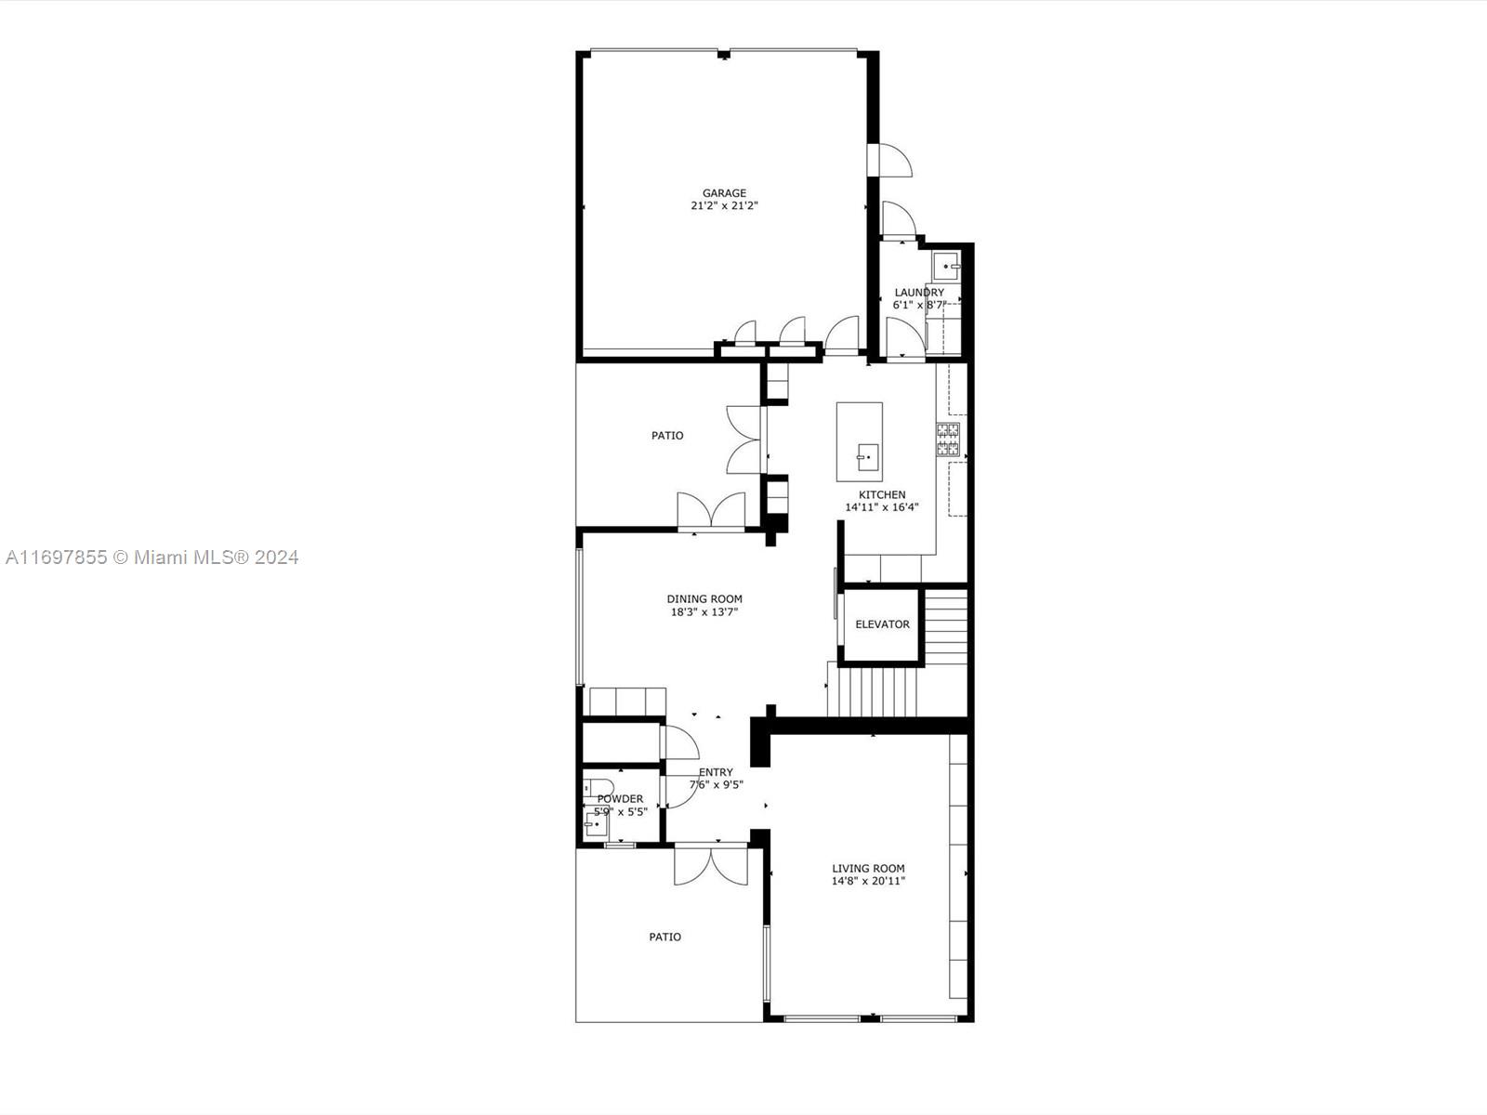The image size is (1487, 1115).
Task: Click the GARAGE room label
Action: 724,193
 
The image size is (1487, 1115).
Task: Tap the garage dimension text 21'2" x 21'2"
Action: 724,205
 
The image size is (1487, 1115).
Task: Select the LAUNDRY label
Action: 919,293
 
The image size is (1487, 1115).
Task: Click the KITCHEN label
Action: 882,495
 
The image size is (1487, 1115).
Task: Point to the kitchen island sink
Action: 868,458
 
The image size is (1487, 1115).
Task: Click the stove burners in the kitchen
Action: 948,439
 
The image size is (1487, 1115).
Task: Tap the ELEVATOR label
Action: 882,624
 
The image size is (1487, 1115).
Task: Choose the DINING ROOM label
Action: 704,599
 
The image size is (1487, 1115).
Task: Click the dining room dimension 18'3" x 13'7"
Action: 704,612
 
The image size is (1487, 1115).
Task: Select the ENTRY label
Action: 716,772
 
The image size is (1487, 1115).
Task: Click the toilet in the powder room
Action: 599,787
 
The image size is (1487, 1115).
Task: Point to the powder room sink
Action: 596,824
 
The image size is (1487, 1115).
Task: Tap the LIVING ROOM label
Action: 868,869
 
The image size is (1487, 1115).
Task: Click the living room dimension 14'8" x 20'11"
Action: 868,882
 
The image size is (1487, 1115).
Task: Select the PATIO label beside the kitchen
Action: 667,436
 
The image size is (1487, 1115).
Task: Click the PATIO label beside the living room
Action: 665,937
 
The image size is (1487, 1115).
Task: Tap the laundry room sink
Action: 946,266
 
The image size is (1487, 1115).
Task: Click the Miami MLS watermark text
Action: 151,557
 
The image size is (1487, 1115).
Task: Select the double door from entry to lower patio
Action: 711,865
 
